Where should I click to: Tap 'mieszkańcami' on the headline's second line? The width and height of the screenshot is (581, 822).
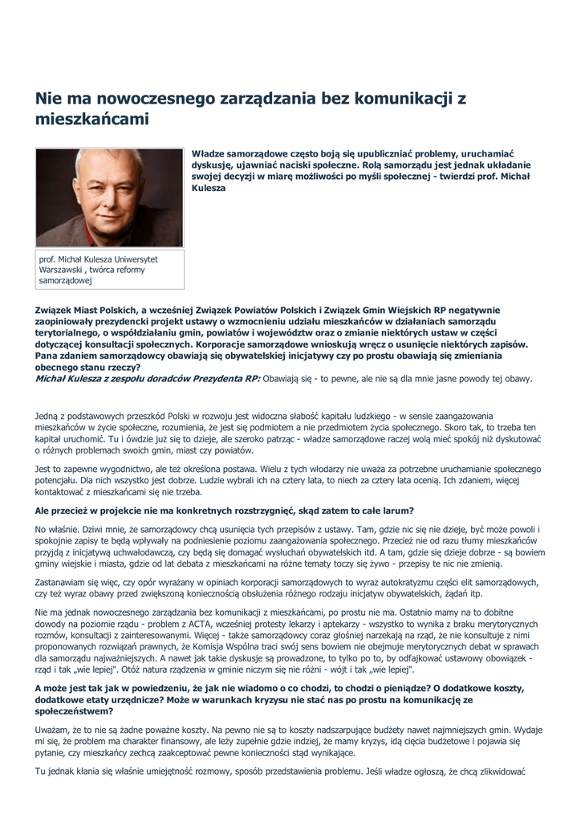click(x=91, y=120)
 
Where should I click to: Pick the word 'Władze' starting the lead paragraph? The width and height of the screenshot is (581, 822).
click(x=211, y=153)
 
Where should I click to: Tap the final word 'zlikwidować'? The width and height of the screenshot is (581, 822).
click(x=500, y=771)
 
